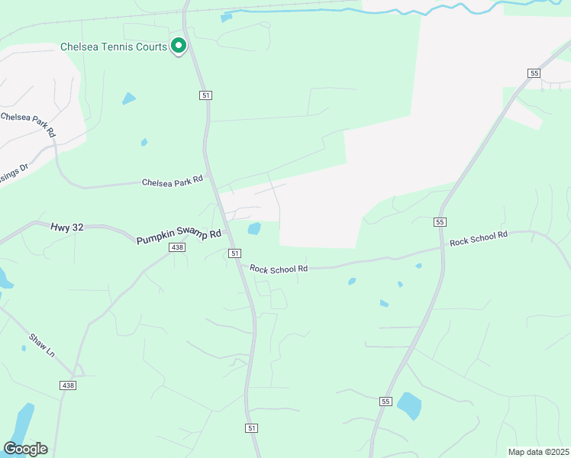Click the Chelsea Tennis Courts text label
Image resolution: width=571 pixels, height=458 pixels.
(114, 47)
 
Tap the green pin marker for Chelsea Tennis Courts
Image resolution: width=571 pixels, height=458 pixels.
(179, 47)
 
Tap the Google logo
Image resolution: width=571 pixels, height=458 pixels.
(25, 449)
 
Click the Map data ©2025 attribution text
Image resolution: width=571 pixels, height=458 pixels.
(537, 452)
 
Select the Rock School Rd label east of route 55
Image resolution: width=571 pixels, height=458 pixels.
(479, 238)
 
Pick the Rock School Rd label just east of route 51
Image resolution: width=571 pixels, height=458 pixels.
(279, 268)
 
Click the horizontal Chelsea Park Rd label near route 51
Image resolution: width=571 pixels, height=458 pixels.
(173, 180)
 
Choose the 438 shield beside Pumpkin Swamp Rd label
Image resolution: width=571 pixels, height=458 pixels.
(177, 247)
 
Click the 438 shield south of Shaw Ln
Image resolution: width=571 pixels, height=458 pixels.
(68, 386)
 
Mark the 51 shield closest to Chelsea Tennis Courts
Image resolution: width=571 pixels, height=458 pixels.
(206, 95)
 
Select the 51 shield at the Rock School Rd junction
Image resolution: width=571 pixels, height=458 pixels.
(234, 253)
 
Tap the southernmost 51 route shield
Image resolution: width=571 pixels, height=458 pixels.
(251, 428)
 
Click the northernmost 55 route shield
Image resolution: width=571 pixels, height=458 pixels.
(534, 73)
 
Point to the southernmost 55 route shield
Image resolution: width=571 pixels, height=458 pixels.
(386, 401)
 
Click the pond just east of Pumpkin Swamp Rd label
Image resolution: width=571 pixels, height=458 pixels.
(254, 228)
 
